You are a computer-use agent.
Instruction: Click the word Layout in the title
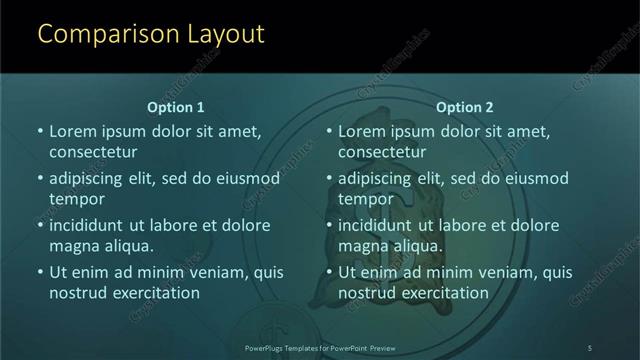tap(224, 34)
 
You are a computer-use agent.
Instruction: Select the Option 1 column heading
tap(176, 107)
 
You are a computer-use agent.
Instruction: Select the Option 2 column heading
tap(465, 107)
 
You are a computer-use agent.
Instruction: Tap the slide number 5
tap(590, 347)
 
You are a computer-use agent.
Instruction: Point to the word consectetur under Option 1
tap(93, 152)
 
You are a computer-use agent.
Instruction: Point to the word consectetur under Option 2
tap(382, 152)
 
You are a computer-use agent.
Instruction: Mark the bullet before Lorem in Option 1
tap(40, 131)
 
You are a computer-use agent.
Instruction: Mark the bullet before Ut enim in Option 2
tap(329, 272)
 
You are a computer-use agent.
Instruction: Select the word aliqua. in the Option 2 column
tap(416, 246)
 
